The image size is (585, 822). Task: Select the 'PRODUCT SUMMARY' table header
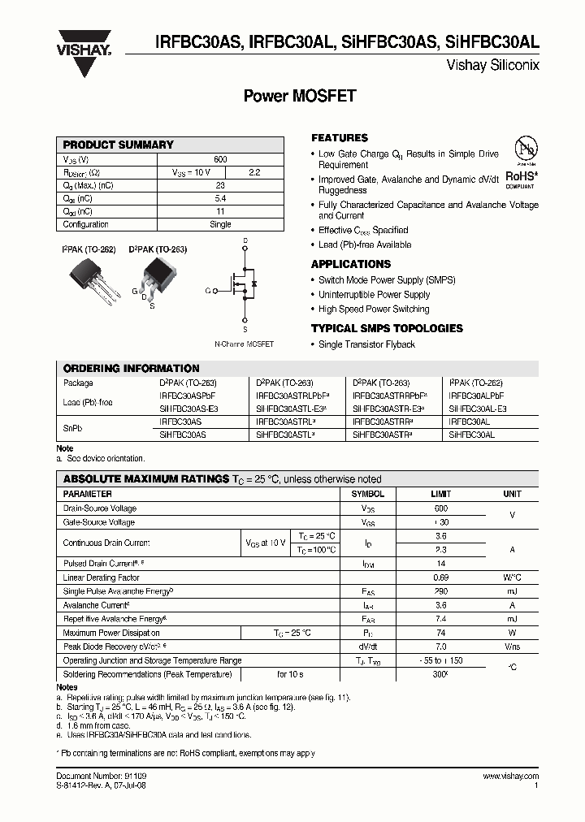tap(119, 145)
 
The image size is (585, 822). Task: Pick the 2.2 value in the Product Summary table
tap(254, 172)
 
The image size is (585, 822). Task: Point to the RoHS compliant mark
tap(520, 175)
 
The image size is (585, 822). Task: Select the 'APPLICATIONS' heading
tap(351, 264)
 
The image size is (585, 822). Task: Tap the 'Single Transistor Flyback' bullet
tap(366, 344)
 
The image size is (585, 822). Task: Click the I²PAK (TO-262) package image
tap(90, 280)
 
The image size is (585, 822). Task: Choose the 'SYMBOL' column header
tap(367, 494)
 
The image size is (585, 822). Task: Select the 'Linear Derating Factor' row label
tap(101, 577)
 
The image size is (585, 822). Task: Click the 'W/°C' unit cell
tap(512, 578)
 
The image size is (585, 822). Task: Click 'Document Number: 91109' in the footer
tap(101, 777)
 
